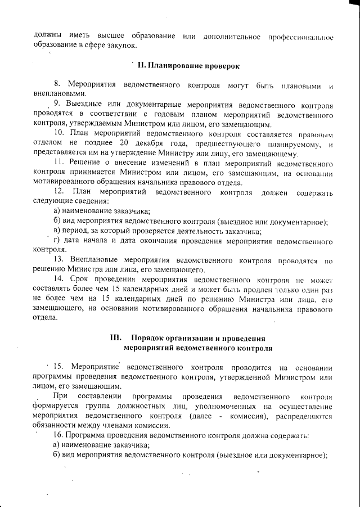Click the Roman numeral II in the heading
coord(141,66)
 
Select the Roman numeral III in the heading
coord(116,338)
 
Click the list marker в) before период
coord(57,231)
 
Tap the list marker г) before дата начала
coord(57,241)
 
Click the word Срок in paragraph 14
coord(84,280)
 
